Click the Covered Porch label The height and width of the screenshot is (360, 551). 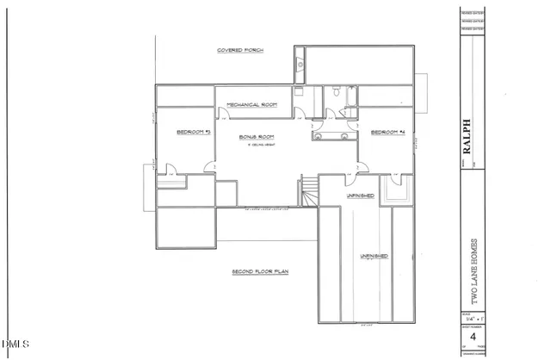[239, 52]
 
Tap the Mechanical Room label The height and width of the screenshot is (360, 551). [251, 104]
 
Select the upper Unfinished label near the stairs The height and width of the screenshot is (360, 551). [360, 196]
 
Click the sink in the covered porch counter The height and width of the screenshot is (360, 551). [299, 64]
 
